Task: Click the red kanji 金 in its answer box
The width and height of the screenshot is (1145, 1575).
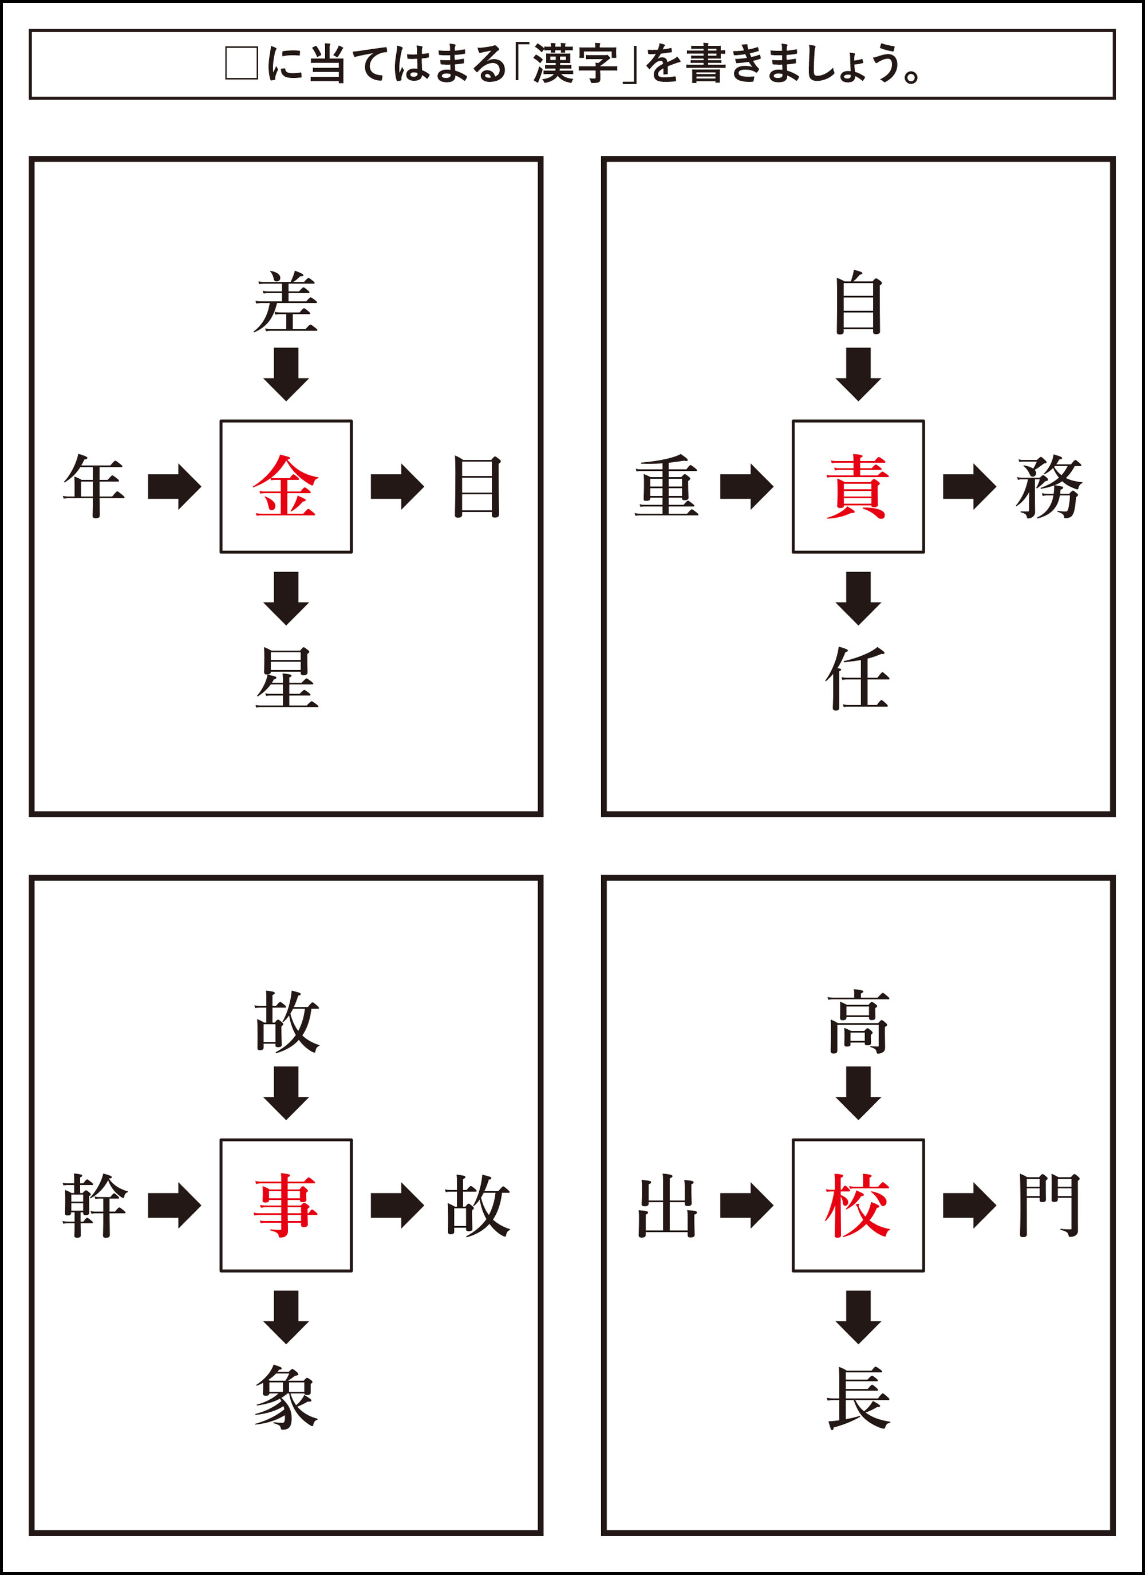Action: pyautogui.click(x=285, y=486)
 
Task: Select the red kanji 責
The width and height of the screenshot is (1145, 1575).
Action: pyautogui.click(x=858, y=486)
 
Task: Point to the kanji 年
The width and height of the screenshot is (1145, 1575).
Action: pyautogui.click(x=94, y=486)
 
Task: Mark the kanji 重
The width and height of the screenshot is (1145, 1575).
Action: pyautogui.click(x=666, y=486)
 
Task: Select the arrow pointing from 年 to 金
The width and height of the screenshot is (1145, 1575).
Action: pyautogui.click(x=174, y=486)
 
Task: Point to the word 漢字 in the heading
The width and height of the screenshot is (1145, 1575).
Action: pyautogui.click(x=575, y=64)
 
